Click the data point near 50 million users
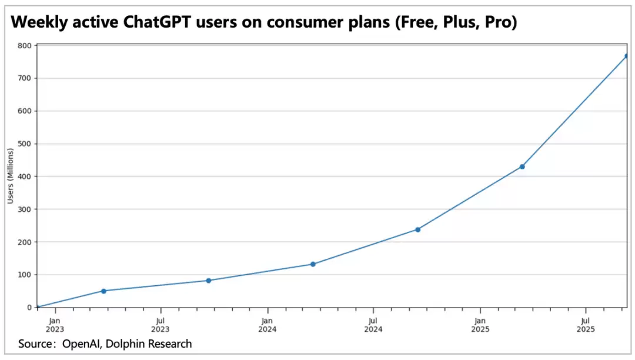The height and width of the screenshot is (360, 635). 103,291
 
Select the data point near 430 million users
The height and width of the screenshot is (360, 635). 522,166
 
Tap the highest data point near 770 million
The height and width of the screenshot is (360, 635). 627,56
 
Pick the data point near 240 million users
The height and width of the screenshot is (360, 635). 417,229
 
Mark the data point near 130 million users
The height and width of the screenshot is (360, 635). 313,264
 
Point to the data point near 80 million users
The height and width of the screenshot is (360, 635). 209,281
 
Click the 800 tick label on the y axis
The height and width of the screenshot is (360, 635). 25,45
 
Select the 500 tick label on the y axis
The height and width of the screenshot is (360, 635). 25,144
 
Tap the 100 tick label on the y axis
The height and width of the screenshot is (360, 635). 25,275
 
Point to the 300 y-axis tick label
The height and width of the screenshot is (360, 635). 25,209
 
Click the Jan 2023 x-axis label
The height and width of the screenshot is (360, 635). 54,325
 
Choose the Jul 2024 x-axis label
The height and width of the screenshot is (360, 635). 373,325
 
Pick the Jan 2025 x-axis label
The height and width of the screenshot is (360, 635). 480,325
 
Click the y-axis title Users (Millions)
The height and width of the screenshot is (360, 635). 10,176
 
